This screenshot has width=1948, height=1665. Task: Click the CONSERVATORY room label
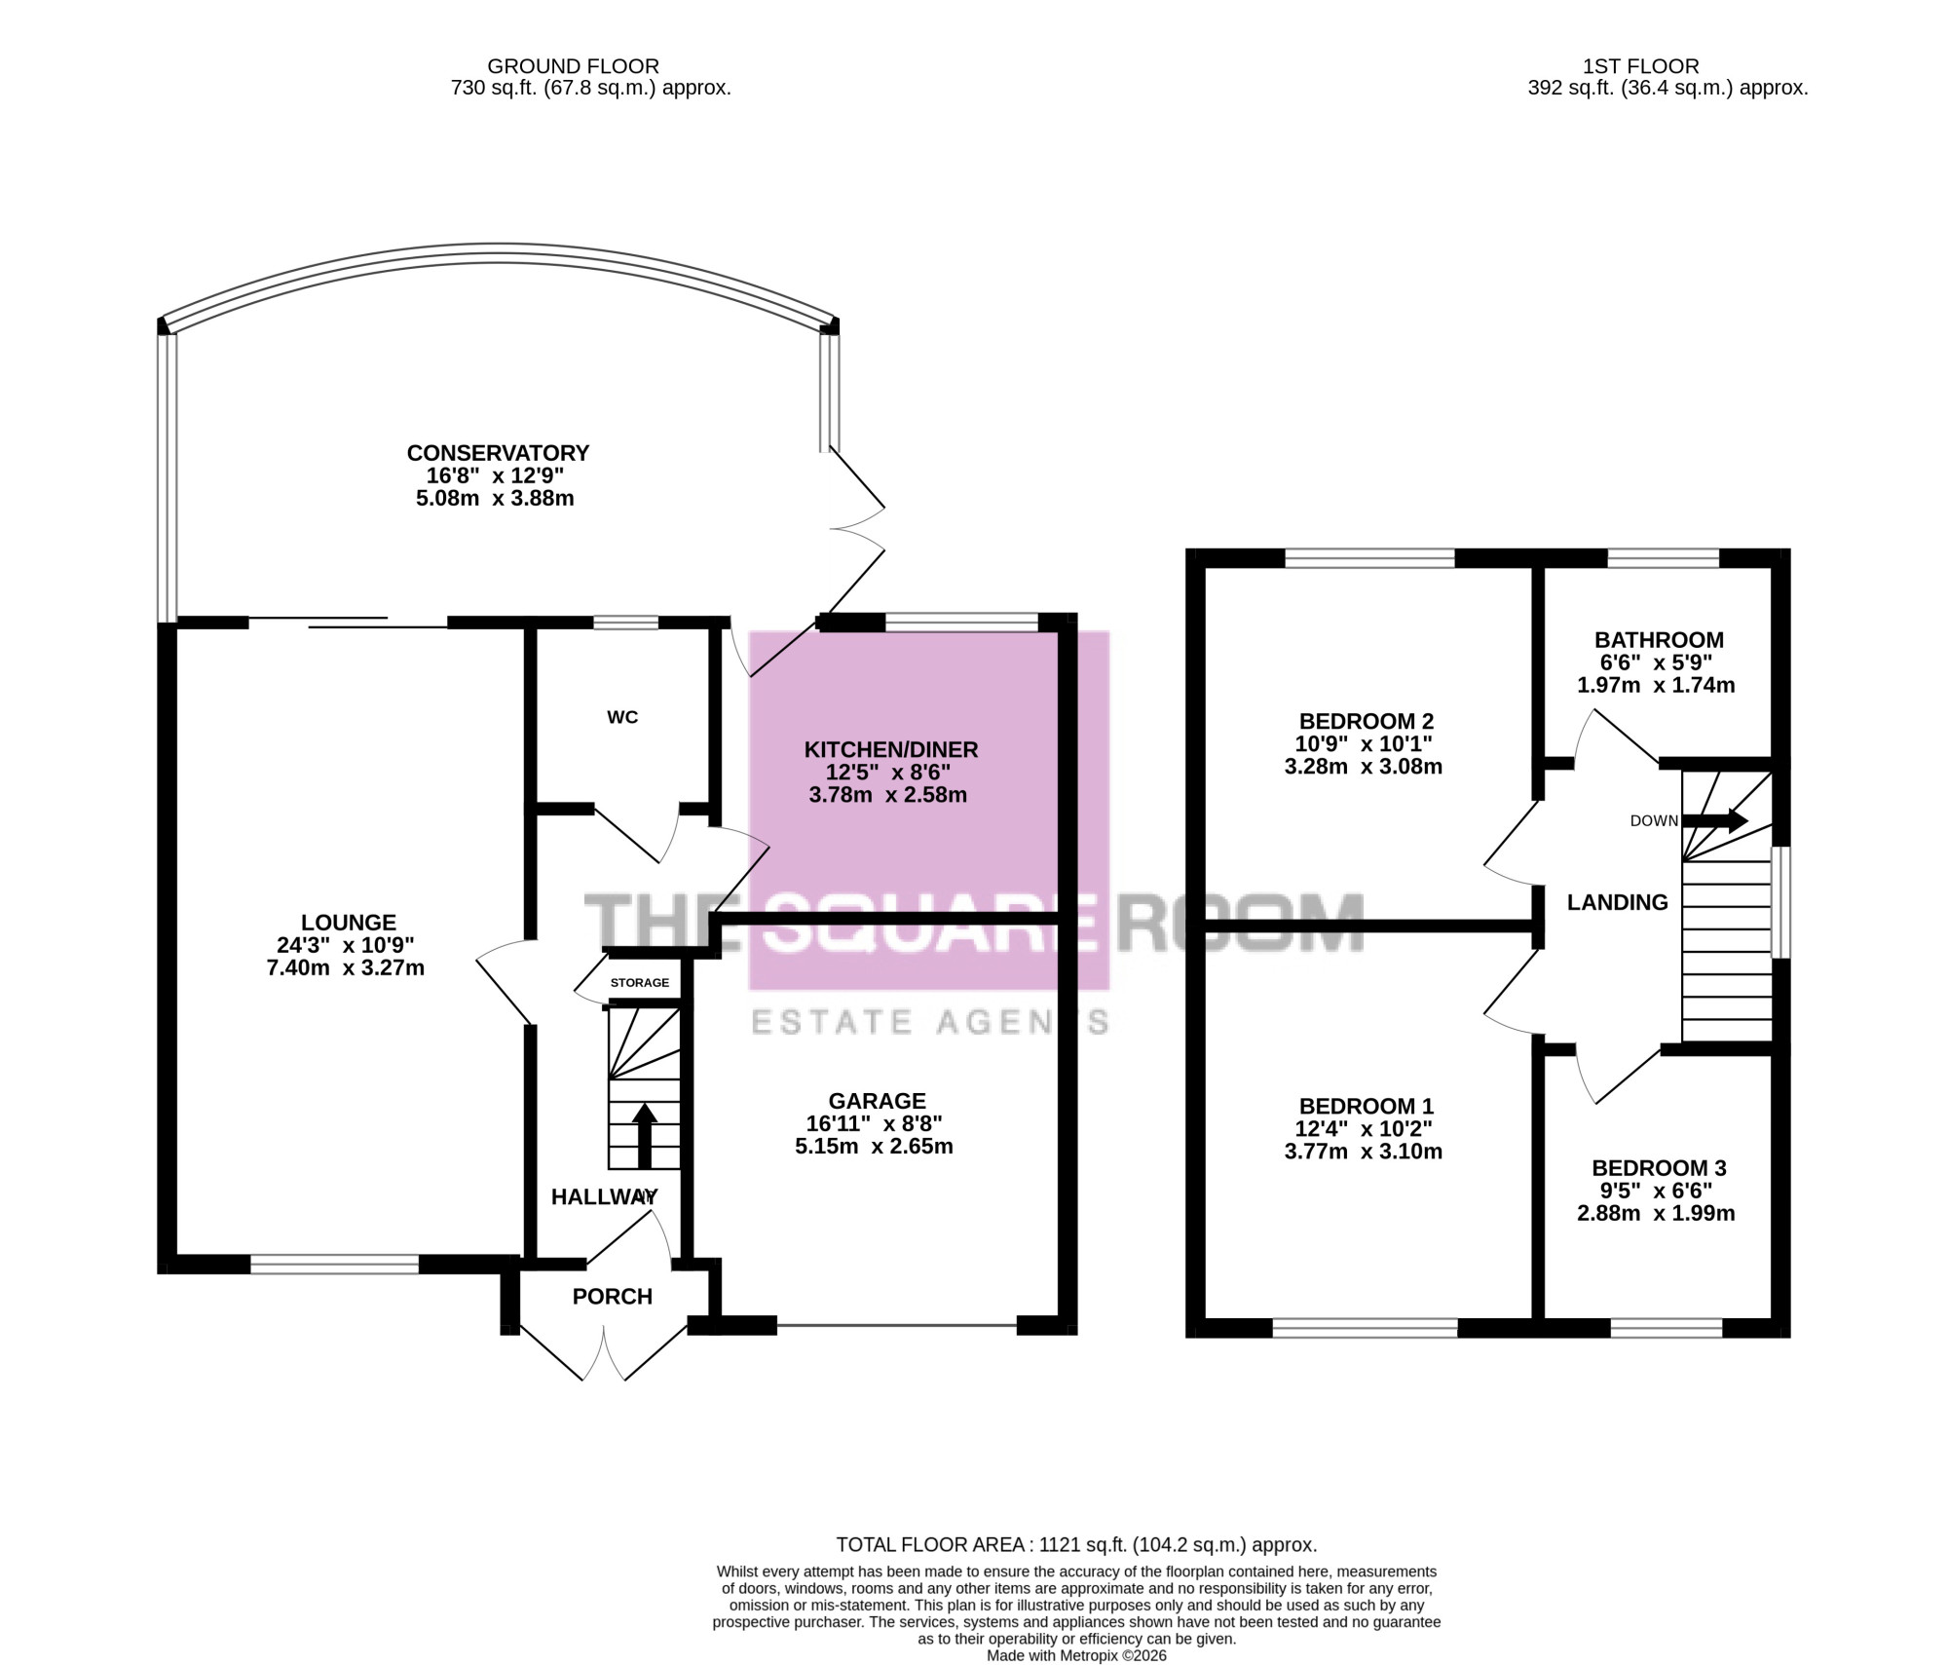click(x=498, y=453)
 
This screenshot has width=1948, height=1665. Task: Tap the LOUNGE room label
click(x=349, y=923)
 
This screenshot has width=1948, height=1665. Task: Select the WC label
click(x=622, y=717)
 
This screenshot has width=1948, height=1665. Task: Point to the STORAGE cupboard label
click(x=640, y=982)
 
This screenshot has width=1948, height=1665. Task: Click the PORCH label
click(x=613, y=1297)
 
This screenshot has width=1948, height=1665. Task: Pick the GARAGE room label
click(x=878, y=1101)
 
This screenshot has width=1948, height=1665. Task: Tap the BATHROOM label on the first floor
click(x=1659, y=640)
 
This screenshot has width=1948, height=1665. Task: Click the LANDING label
click(x=1618, y=902)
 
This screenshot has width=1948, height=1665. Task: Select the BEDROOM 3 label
click(x=1659, y=1168)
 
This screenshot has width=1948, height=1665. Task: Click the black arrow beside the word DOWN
click(x=1715, y=820)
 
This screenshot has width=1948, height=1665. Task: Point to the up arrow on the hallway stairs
click(x=644, y=1136)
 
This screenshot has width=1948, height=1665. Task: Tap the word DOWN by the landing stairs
click(x=1654, y=821)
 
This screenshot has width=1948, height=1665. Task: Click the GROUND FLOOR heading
click(x=574, y=66)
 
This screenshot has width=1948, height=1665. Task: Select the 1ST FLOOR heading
click(x=1641, y=66)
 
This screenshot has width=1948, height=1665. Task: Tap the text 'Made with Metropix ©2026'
click(x=1076, y=1655)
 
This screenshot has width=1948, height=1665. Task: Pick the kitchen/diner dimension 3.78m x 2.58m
click(x=888, y=795)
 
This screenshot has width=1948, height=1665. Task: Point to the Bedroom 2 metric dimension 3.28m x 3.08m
click(x=1364, y=767)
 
